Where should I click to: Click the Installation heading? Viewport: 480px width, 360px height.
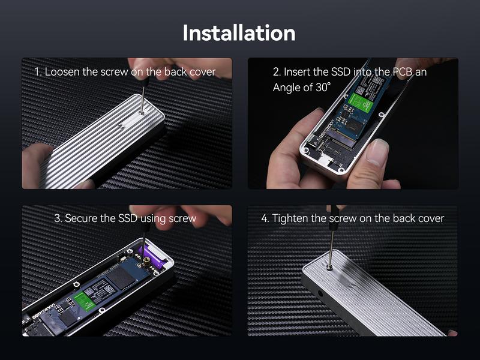239,33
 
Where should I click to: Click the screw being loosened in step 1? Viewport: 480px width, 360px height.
142,113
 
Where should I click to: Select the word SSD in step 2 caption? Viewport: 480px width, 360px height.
341,72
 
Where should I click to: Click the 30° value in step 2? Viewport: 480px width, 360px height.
323,87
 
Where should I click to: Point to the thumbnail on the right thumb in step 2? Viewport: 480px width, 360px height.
377,152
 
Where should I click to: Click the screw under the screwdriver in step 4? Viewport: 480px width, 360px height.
329,267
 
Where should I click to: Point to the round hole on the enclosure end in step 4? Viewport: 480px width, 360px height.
320,293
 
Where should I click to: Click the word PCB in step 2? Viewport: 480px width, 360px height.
403,72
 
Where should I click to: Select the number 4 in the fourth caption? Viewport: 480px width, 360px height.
265,218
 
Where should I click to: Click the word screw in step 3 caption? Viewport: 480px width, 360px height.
182,219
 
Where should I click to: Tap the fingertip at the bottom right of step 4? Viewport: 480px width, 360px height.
452,333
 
